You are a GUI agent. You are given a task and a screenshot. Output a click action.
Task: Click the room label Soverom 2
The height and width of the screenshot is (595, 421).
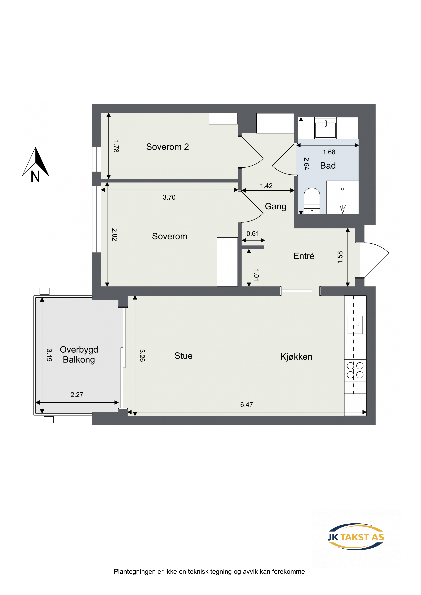pos(167,147)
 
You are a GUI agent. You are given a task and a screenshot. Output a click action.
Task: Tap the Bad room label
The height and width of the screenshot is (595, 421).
pos(328,166)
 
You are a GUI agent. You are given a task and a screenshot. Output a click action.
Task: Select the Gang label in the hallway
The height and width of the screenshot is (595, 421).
pos(276,207)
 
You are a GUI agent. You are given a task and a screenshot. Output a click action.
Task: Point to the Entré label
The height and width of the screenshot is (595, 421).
pos(304,256)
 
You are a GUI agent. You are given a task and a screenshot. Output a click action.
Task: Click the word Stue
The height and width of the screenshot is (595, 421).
pos(183,356)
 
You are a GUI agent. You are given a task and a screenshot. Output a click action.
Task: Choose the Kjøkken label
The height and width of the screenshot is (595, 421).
pos(296,357)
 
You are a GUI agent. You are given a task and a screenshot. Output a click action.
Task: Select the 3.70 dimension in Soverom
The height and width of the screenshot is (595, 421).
pos(169,197)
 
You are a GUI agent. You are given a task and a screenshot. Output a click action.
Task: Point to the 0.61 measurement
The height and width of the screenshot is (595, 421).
pos(253,234)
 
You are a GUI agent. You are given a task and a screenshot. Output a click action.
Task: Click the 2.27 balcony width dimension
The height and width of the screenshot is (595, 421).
pos(77,395)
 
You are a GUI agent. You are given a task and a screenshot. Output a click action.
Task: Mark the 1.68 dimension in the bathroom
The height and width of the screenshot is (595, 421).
pos(329,152)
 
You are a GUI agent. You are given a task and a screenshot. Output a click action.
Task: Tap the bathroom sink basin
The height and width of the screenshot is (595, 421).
pos(326,128)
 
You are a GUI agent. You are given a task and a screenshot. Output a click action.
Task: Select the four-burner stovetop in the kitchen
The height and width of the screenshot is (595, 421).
pos(355,370)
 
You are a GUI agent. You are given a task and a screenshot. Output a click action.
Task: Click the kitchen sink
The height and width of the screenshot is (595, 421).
pos(355,325)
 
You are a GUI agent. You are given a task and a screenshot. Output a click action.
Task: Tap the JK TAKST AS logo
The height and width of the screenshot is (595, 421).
pos(356,537)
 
